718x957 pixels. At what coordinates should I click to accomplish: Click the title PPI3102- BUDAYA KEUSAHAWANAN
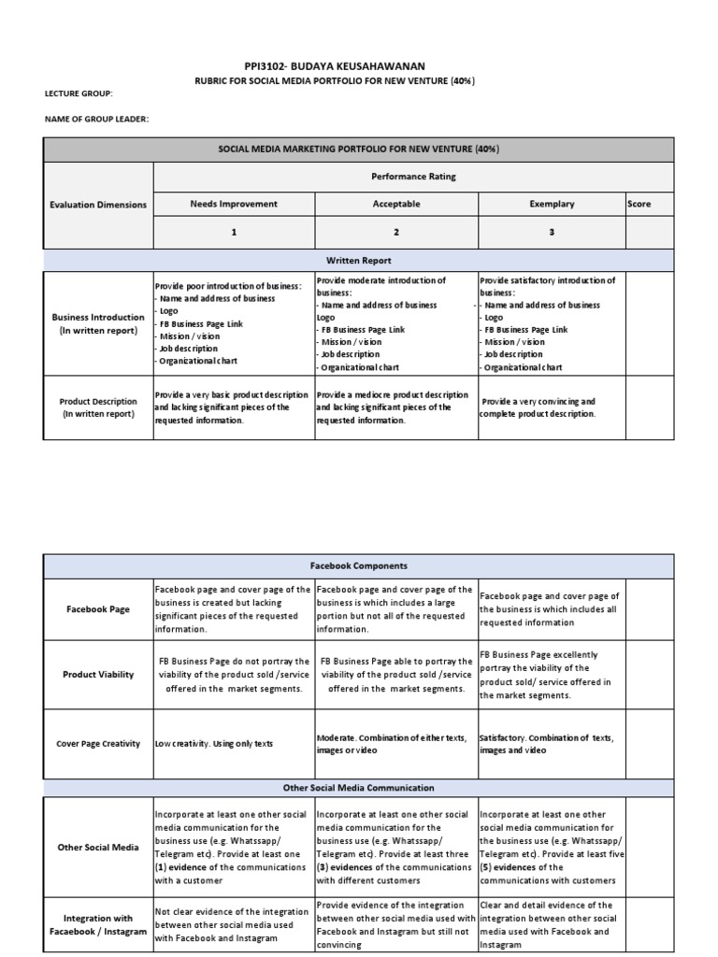[358, 65]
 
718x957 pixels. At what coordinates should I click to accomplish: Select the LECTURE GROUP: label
[79, 94]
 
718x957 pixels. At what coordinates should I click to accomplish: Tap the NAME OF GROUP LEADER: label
[97, 119]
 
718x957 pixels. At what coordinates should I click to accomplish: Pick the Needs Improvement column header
[234, 204]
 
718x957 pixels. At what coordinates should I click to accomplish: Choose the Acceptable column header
[396, 204]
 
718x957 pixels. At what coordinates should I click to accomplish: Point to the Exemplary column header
[552, 204]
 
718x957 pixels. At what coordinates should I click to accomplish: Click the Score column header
[639, 204]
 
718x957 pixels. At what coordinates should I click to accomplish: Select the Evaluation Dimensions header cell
[98, 205]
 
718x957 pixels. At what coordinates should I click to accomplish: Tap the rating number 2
[396, 232]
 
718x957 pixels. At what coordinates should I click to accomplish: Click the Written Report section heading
[358, 261]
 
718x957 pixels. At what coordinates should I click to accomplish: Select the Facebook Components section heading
[358, 566]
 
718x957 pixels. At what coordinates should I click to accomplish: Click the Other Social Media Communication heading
[358, 788]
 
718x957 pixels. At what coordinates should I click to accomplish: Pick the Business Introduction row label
[98, 323]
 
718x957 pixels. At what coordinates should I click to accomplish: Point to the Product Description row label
[98, 407]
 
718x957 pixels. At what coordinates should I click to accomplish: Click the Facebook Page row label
[98, 608]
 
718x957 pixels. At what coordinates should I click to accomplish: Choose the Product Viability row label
[98, 675]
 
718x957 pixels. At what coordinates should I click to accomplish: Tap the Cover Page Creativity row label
[98, 744]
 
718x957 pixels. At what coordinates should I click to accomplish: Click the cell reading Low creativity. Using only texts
[214, 744]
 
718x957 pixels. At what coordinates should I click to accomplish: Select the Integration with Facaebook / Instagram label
[98, 925]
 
